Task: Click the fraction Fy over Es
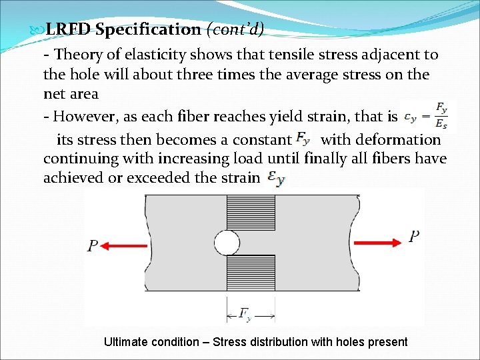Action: pyautogui.click(x=441, y=115)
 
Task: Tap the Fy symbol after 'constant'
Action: pyautogui.click(x=303, y=139)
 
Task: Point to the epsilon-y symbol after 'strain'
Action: pyautogui.click(x=275, y=178)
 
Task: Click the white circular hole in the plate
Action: pyautogui.click(x=227, y=243)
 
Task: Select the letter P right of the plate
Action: pyautogui.click(x=413, y=237)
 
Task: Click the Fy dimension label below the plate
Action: pyautogui.click(x=246, y=313)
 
